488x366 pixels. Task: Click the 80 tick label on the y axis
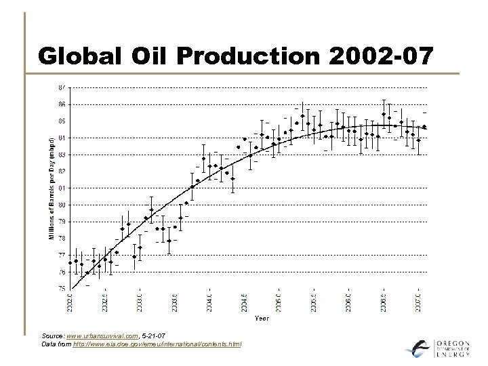pyautogui.click(x=62, y=205)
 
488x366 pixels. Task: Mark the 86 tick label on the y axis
pyautogui.click(x=62, y=105)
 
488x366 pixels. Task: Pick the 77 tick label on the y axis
pyautogui.click(x=62, y=256)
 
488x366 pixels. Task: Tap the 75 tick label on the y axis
pyautogui.click(x=62, y=289)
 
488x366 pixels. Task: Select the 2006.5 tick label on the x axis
pyautogui.click(x=384, y=302)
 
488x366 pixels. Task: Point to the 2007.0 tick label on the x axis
pyautogui.click(x=418, y=302)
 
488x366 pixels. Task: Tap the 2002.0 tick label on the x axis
pyautogui.click(x=70, y=302)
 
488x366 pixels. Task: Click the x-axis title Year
pyautogui.click(x=262, y=318)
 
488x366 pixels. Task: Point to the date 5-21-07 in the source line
pyautogui.click(x=155, y=336)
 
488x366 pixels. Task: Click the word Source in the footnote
pyautogui.click(x=52, y=336)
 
